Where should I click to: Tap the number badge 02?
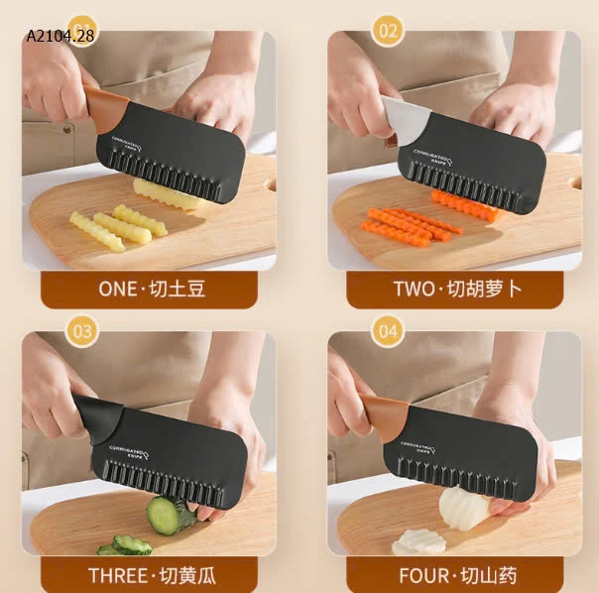[x=388, y=31]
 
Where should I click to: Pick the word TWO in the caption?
[x=413, y=290]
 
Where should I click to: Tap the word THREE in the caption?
[x=118, y=575]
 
